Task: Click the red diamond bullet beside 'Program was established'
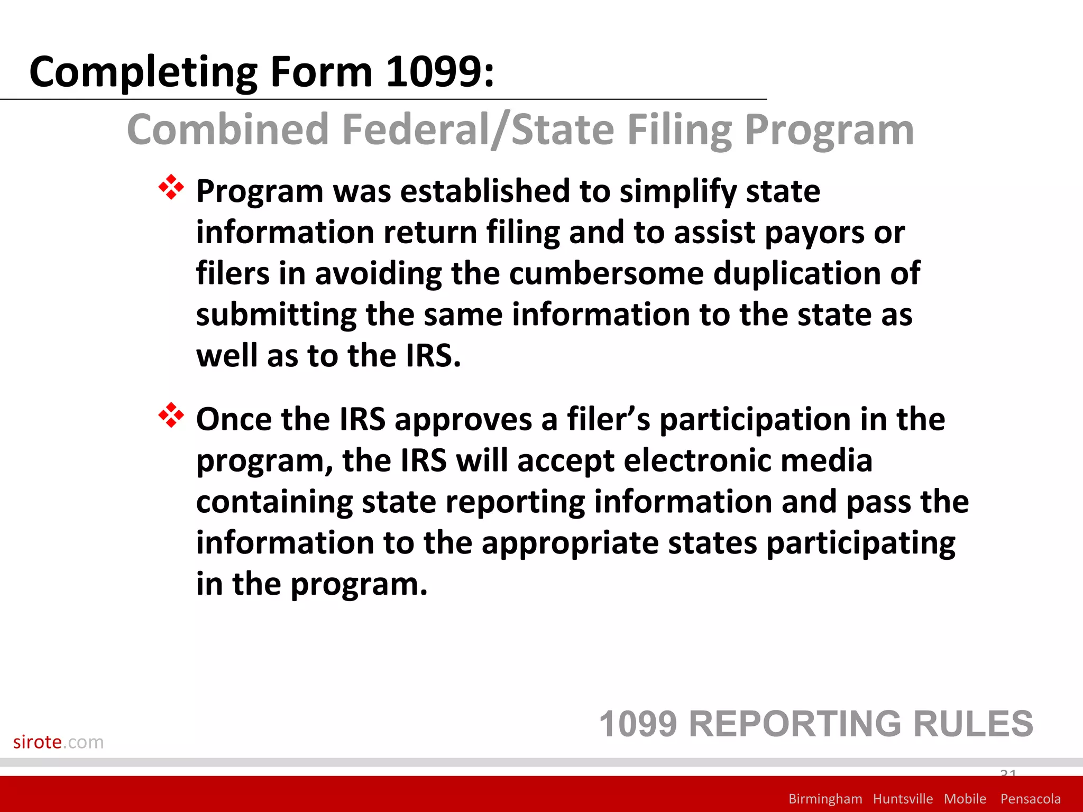click(x=171, y=187)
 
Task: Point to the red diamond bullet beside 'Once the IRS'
click(x=171, y=416)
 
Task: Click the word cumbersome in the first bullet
click(x=607, y=273)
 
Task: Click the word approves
click(x=463, y=420)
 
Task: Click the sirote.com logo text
click(x=58, y=742)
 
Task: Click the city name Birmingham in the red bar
click(x=825, y=799)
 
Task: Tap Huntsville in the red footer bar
click(x=903, y=799)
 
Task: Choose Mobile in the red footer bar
click(x=965, y=799)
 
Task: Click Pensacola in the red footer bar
click(x=1030, y=799)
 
